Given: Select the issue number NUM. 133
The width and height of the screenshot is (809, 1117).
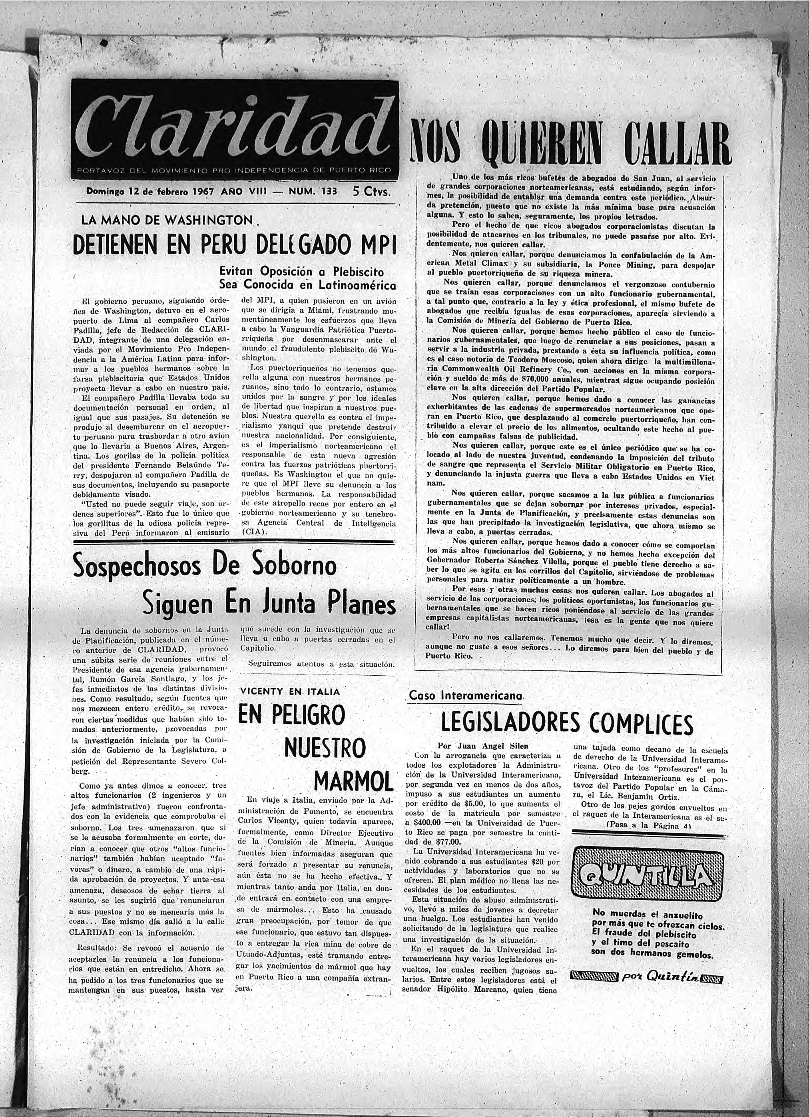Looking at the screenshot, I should tap(309, 191).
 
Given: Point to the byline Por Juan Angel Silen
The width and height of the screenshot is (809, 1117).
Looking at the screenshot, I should tap(483, 746).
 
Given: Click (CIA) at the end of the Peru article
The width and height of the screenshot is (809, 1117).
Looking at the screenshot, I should tap(255, 532).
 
